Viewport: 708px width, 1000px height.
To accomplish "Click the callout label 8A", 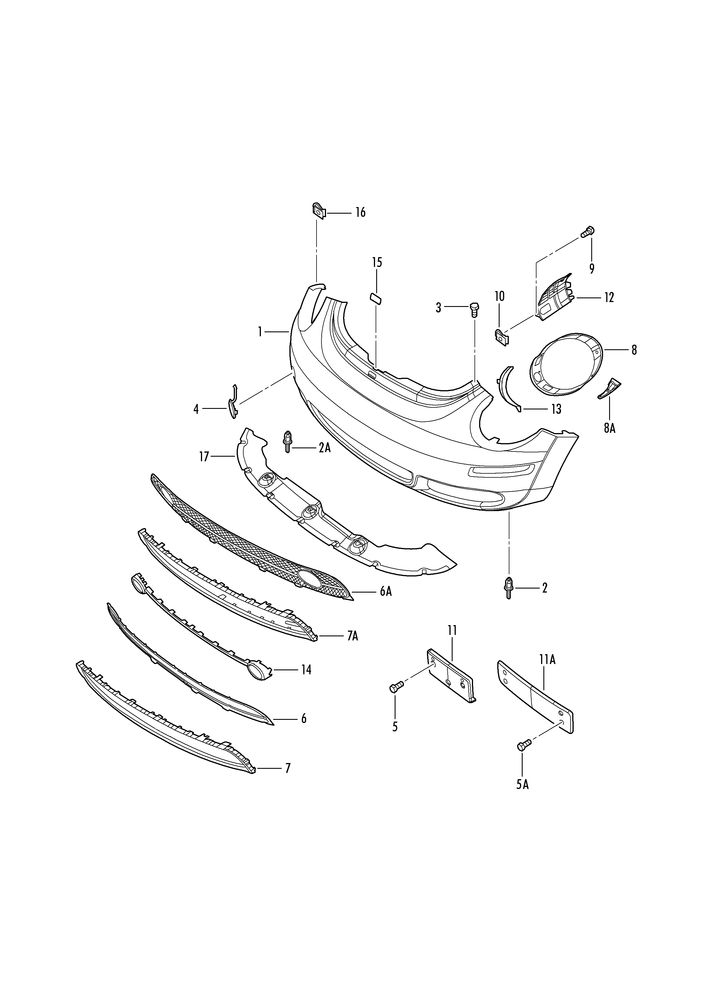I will point(609,428).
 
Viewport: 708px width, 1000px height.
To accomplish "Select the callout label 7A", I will point(353,636).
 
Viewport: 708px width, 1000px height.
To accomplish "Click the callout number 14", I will point(306,669).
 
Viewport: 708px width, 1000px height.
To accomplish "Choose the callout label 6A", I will point(386,591).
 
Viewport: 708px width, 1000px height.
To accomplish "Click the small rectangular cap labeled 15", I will point(375,297).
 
